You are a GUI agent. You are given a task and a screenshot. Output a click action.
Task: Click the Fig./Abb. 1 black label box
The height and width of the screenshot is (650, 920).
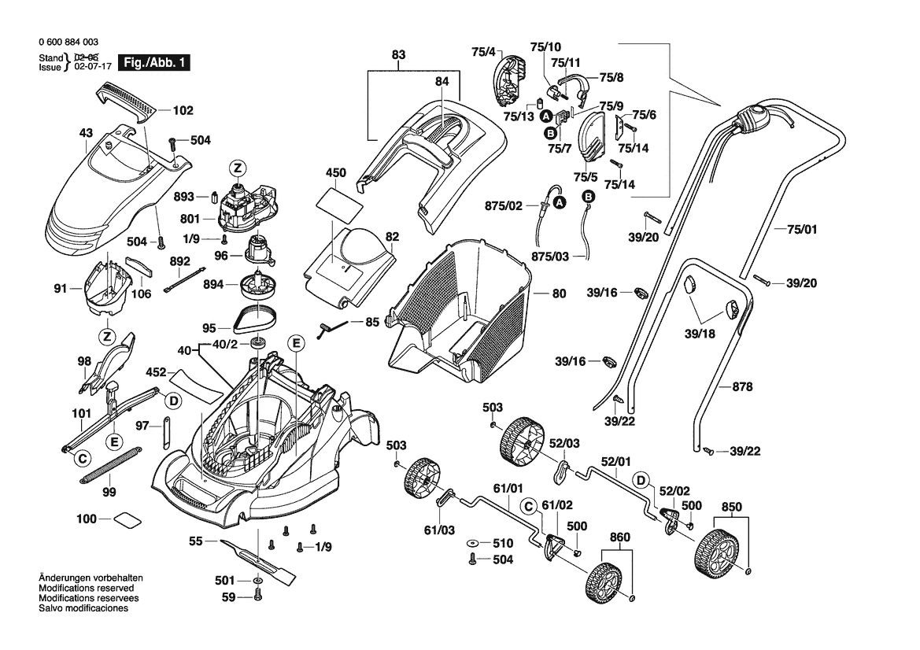pos(154,63)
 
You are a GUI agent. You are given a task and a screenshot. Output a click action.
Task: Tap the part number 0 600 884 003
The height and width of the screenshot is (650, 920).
pos(68,42)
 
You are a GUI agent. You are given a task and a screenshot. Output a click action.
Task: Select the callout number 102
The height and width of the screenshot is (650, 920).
pos(183,111)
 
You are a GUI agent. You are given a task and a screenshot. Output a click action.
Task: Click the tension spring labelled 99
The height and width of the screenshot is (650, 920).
pos(110,466)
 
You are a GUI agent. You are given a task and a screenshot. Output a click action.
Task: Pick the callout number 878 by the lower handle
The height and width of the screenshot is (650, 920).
pos(742,386)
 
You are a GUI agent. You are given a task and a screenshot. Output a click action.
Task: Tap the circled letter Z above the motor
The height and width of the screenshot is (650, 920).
pos(237,168)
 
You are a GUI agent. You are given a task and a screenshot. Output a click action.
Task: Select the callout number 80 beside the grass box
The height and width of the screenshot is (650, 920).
pos(559,294)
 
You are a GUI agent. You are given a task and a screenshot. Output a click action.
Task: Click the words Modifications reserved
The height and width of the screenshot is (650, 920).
pos(86,588)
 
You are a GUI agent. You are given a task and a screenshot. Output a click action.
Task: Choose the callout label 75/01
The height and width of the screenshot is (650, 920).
pos(802,230)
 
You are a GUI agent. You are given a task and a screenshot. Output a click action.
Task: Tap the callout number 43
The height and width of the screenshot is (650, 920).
pos(86,133)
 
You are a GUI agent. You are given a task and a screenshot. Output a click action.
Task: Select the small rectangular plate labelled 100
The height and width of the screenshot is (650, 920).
pos(127,519)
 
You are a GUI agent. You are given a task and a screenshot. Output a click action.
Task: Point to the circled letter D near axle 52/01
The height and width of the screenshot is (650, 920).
pos(641,479)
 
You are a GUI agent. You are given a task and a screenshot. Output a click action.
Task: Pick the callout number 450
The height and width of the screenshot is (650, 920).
pos(336,172)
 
